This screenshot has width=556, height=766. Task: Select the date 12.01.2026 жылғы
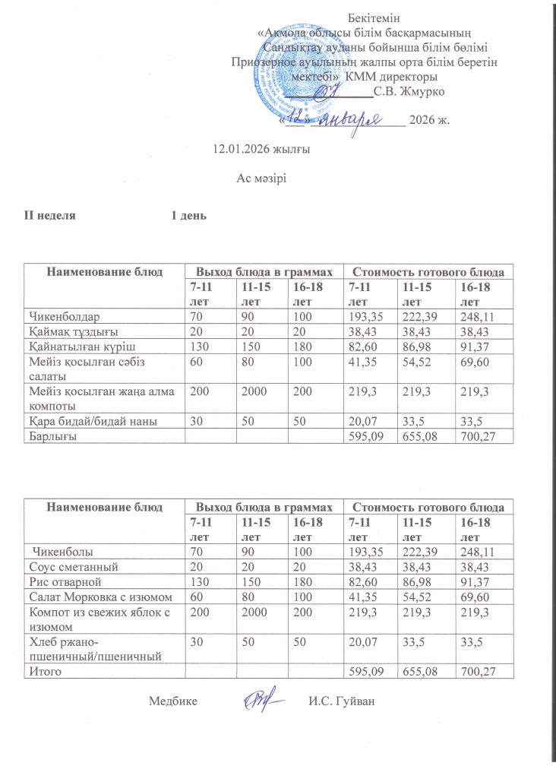point(262,150)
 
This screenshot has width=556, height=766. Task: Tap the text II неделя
point(51,216)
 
